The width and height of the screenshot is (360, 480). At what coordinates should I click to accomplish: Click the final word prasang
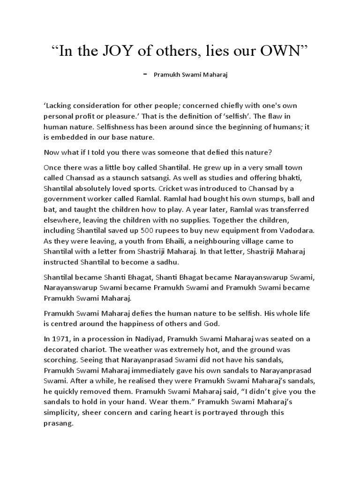pyautogui.click(x=58, y=423)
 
